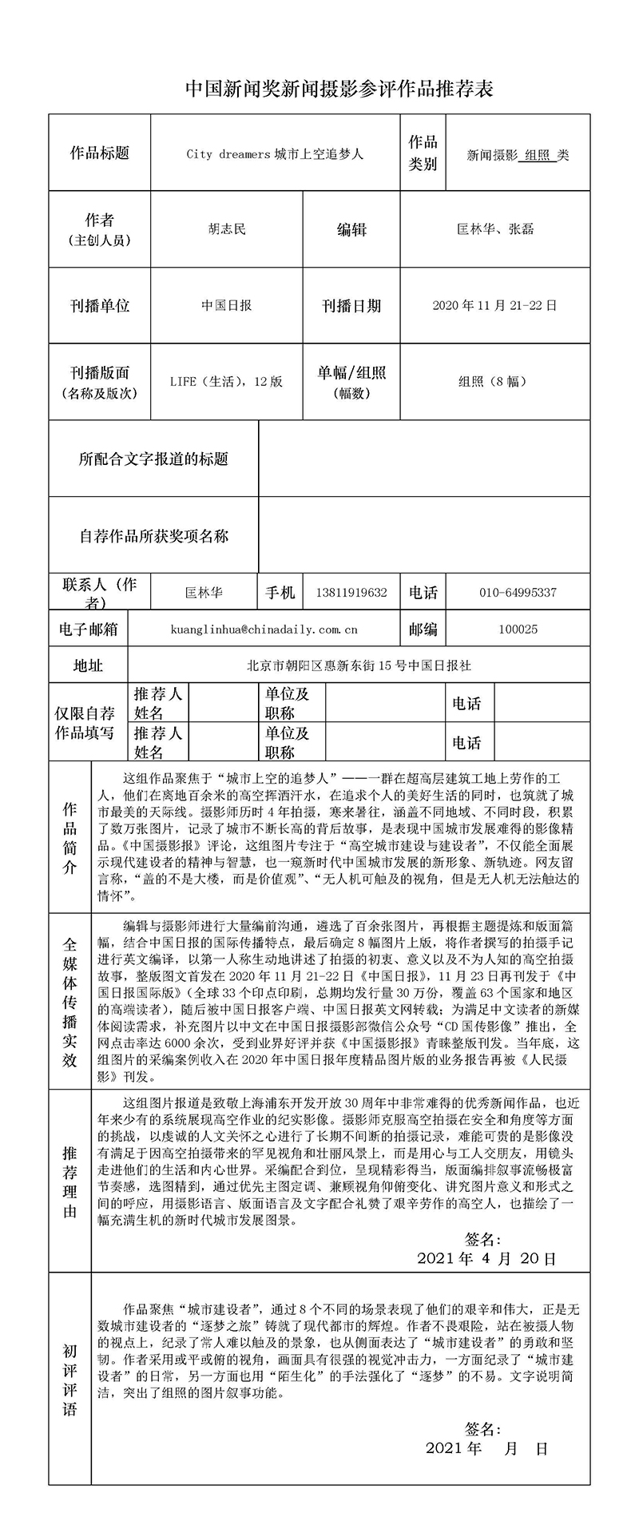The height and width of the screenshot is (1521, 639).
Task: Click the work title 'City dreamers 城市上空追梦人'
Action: (275, 154)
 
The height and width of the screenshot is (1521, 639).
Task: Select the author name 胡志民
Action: (227, 229)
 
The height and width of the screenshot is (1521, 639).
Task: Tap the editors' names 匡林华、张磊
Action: (495, 229)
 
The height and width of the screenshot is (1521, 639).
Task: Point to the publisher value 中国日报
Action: (227, 305)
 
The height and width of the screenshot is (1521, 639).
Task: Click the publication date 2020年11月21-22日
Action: (494, 305)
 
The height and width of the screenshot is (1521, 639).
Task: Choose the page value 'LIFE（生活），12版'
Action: (227, 381)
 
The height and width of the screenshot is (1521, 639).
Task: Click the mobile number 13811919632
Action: (351, 593)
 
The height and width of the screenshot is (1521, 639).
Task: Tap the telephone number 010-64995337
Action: (518, 593)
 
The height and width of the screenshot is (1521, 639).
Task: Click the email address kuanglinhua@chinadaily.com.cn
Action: (264, 629)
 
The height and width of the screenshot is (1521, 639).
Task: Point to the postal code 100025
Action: (518, 629)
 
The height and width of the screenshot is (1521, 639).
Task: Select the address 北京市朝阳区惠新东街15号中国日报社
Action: (359, 665)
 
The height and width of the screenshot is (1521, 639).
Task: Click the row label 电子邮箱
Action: (89, 629)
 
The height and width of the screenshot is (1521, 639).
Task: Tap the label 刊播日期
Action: (351, 306)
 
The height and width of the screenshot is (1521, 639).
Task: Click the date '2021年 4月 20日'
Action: (486, 1258)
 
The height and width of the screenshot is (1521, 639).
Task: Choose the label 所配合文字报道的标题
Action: (153, 459)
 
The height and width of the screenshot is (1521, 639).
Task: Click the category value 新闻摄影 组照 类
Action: (518, 156)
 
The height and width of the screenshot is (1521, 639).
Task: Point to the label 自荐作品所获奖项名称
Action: (153, 535)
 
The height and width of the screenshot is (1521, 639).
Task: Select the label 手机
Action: (280, 593)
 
